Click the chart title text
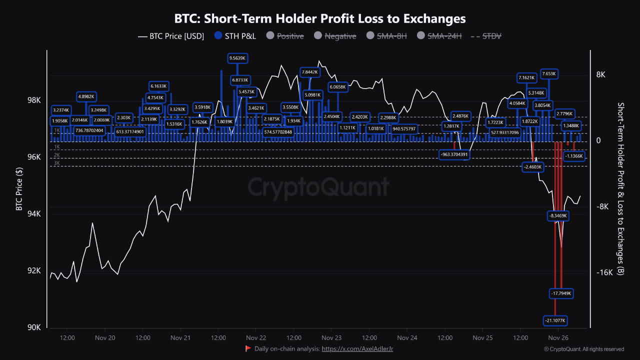[320, 18]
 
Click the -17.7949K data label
[560, 293]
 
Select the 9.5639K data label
[237, 58]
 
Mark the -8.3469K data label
[558, 215]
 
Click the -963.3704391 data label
[454, 154]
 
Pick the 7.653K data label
[548, 74]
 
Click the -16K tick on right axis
[603, 272]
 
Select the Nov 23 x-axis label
[331, 338]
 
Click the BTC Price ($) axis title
[19, 188]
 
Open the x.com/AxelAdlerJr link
[357, 348]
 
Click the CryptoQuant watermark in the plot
[318, 187]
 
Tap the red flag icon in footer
[248, 348]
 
